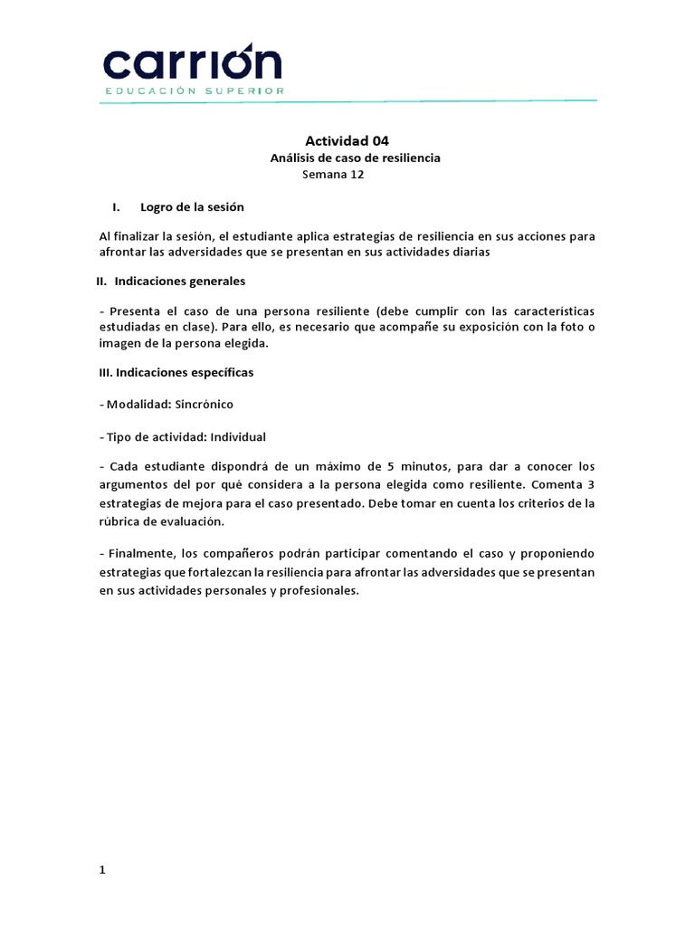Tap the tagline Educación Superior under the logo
195,91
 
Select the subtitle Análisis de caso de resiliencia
355,158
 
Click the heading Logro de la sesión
192,207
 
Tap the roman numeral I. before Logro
117,207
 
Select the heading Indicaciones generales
179,281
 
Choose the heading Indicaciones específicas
176,372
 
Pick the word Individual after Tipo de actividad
237,436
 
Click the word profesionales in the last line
319,590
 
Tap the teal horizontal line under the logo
347,101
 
